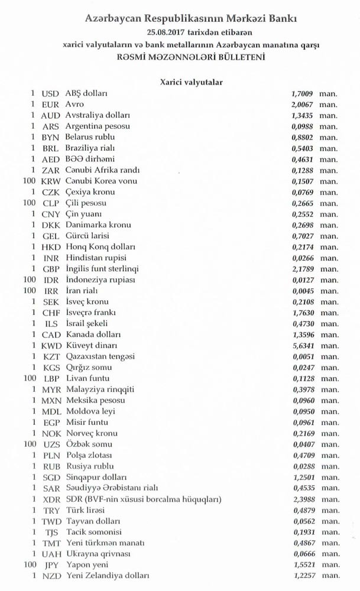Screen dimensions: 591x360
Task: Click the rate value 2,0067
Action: (303, 105)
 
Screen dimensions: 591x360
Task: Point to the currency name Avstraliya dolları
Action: (98, 116)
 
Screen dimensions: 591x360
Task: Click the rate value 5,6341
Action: (303, 345)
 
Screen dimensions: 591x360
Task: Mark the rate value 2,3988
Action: (303, 499)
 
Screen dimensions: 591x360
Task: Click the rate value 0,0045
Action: (303, 291)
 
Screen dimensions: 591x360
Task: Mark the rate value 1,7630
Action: (303, 313)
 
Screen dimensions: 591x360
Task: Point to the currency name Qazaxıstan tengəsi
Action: (101, 356)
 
